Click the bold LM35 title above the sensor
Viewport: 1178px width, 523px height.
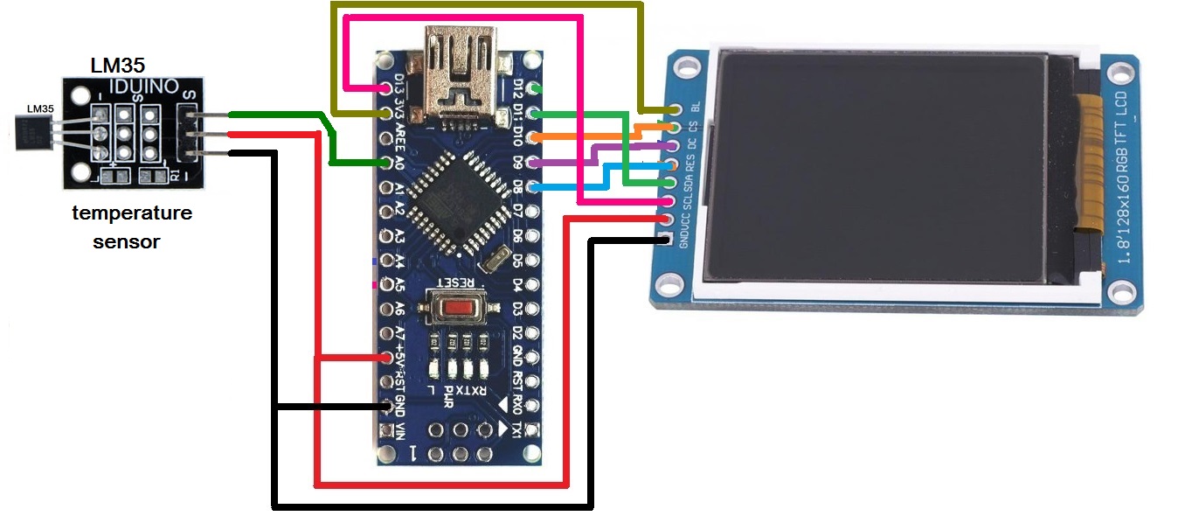click(x=118, y=66)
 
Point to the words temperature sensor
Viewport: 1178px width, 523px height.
click(x=131, y=227)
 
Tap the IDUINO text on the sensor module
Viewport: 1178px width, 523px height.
click(x=144, y=87)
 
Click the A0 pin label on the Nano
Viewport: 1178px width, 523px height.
click(x=400, y=163)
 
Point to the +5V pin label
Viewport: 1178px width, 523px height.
click(x=400, y=356)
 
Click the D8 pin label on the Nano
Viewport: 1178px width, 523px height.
click(x=517, y=186)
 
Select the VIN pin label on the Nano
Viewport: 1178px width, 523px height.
click(x=401, y=430)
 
